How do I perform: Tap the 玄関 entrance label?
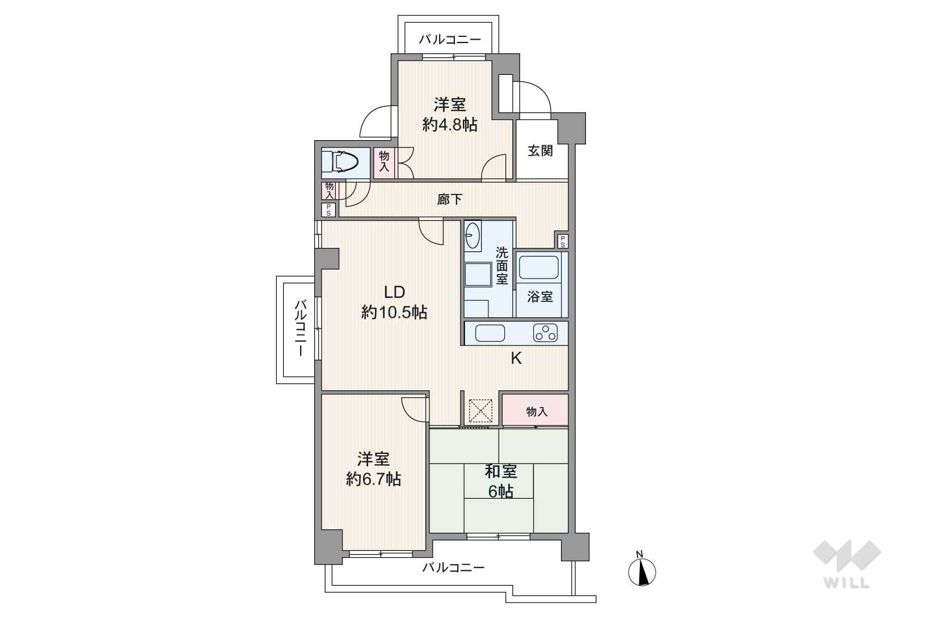(x=540, y=151)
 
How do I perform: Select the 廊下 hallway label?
(x=449, y=200)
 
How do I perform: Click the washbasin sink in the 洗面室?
(x=473, y=235)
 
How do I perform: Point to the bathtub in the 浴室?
(x=539, y=267)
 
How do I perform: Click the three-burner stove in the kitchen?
(x=546, y=332)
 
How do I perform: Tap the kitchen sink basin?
(x=490, y=333)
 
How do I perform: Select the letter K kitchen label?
(x=516, y=359)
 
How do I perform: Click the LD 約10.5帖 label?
(x=394, y=302)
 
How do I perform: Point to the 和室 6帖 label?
(x=501, y=482)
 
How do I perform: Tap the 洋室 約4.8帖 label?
(x=449, y=115)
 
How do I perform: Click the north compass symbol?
(x=642, y=570)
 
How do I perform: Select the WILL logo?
(x=847, y=564)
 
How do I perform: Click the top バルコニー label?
(x=449, y=40)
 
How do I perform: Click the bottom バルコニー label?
(x=453, y=567)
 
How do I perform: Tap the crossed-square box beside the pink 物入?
(x=480, y=411)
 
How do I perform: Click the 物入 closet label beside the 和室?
(x=537, y=412)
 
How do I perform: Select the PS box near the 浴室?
(x=563, y=241)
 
